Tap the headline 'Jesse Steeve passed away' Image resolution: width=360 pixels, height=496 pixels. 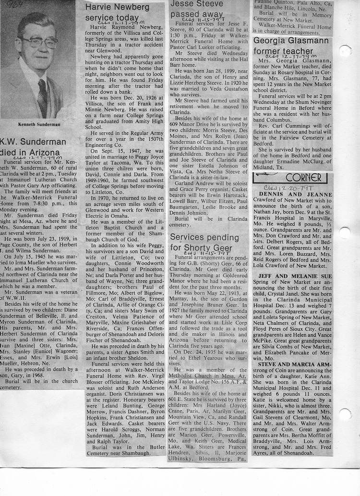pos(197,10)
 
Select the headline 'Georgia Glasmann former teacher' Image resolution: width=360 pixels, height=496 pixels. pos(291,46)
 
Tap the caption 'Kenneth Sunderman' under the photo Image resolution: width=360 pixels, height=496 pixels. pos(38,124)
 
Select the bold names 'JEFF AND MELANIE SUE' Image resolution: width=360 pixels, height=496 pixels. pos(295,277)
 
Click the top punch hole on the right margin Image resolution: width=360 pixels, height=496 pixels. pos(345,50)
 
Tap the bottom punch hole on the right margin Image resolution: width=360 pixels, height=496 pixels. pos(345,414)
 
